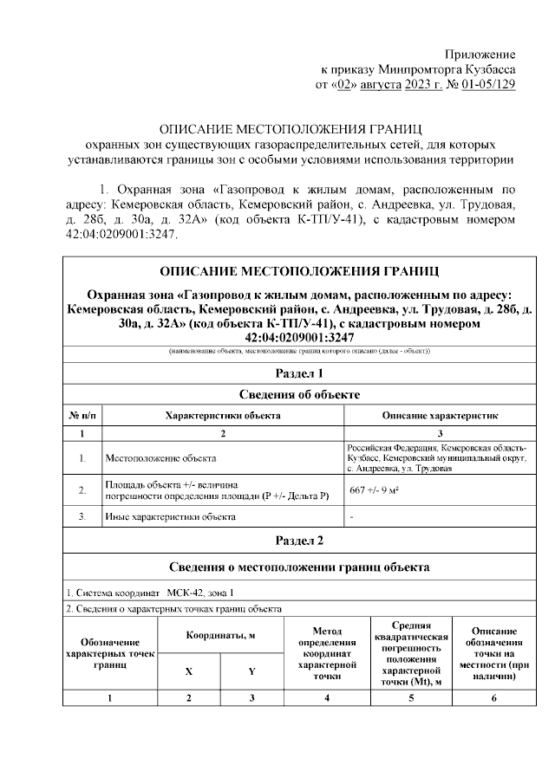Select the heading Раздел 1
pyautogui.click(x=299, y=373)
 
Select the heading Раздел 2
pyautogui.click(x=299, y=541)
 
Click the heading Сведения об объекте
pyautogui.click(x=299, y=395)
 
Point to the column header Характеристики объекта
pyautogui.click(x=223, y=416)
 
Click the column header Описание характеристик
pyautogui.click(x=440, y=416)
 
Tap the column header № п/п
pyautogui.click(x=82, y=416)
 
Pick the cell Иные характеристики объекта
pyautogui.click(x=170, y=517)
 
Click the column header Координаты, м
pyautogui.click(x=219, y=637)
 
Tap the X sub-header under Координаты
pyautogui.click(x=190, y=671)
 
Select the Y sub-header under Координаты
pyautogui.click(x=251, y=671)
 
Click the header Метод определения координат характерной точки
pyautogui.click(x=327, y=653)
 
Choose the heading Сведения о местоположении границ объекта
pyautogui.click(x=299, y=567)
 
